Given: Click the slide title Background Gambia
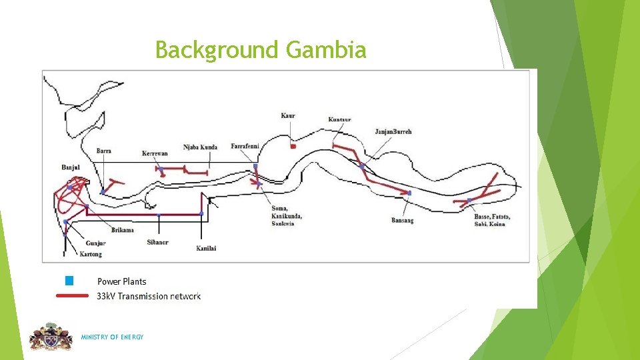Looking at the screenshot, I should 261,50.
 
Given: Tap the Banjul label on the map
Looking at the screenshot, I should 71,167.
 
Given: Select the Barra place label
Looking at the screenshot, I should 103,151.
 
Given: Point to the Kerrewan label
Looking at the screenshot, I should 155,154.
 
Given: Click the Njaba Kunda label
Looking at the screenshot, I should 200,147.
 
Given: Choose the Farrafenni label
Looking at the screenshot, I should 246,147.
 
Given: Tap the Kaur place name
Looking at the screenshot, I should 288,116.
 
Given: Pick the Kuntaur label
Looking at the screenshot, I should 340,120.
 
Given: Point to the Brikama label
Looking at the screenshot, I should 123,230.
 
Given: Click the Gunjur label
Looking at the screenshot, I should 95,243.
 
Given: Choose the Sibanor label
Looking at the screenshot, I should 158,242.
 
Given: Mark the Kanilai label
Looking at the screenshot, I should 206,249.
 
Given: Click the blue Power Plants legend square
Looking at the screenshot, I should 69,281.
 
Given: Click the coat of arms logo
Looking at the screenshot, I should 51,337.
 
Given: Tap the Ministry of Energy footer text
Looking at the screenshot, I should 112,337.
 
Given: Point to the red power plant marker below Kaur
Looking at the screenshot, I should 293,146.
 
